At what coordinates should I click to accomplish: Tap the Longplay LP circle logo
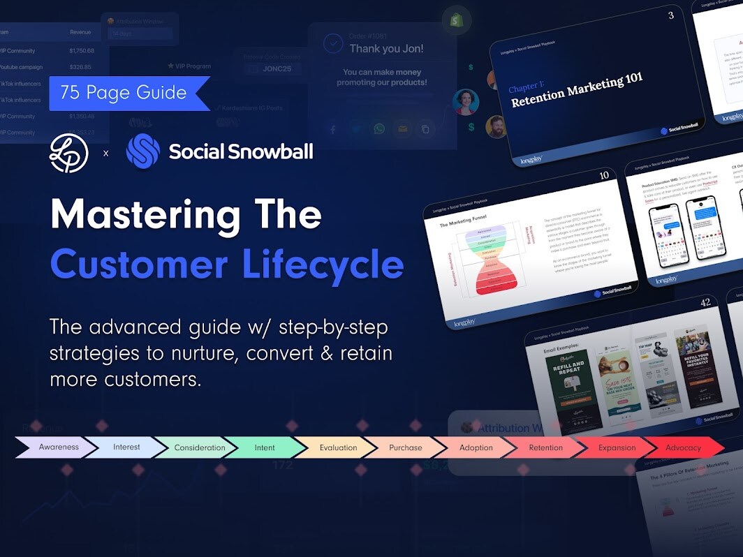69,152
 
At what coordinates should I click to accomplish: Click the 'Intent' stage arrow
265,447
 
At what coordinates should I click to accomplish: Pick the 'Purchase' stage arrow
406,447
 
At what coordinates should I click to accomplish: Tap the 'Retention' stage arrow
545,447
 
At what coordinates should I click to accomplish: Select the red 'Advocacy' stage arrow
683,447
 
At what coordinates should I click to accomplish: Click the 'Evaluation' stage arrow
338,447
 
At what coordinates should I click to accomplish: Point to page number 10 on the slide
605,175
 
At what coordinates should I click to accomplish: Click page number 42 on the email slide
706,302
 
